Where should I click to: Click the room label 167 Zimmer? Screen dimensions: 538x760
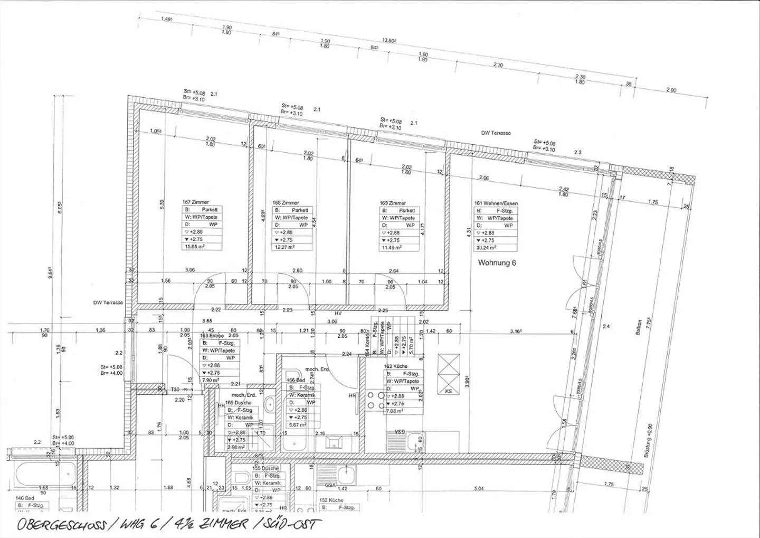point(195,202)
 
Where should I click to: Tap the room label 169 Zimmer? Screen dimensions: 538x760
point(393,203)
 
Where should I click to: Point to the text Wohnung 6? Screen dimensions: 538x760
point(497,263)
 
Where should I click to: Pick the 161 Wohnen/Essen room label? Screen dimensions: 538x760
point(496,203)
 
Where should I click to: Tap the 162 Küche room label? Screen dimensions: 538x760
point(396,366)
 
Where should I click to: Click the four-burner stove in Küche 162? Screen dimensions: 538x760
point(374,400)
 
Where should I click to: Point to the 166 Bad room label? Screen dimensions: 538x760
point(296,380)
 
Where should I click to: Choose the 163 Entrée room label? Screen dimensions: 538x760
point(211,336)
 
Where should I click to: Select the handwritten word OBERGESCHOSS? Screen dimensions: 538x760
point(59,525)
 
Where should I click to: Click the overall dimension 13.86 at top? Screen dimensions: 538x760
point(389,40)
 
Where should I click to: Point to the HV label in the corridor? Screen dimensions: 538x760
point(338,313)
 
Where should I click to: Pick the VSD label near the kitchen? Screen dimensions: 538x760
point(400,431)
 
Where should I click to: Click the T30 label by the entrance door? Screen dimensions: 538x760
point(175,389)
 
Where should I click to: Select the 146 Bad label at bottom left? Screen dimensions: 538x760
point(24,498)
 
